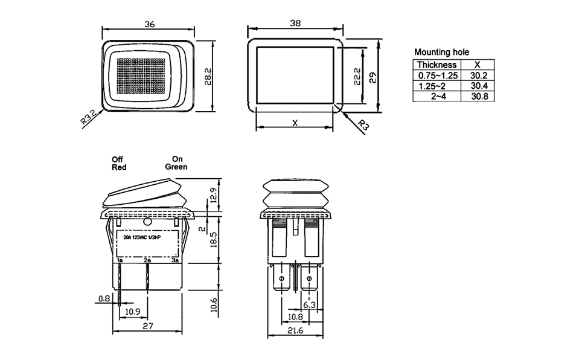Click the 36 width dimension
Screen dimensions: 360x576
click(150, 24)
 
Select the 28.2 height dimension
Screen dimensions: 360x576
click(208, 77)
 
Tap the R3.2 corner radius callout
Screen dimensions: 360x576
click(88, 117)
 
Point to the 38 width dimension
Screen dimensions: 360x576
click(295, 23)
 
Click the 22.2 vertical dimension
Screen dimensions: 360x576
click(357, 77)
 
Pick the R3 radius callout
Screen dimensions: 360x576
click(363, 126)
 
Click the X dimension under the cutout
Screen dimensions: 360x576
click(295, 123)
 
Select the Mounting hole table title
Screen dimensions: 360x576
click(441, 53)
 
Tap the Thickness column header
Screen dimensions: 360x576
click(437, 65)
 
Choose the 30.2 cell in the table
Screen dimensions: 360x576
click(478, 76)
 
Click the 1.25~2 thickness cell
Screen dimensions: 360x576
click(437, 86)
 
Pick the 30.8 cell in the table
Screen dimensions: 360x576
click(478, 96)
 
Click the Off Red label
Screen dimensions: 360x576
click(119, 163)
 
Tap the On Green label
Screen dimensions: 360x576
click(176, 163)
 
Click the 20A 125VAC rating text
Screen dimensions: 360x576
click(142, 238)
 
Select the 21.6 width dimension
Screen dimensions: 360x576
click(296, 331)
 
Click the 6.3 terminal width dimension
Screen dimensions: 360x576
click(310, 306)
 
